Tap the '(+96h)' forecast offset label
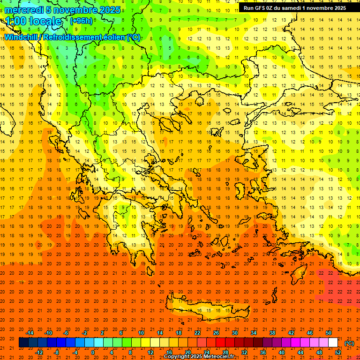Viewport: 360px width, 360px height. point(81,21)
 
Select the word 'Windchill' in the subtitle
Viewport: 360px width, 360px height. point(20,37)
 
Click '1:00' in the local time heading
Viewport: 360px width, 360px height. point(16,21)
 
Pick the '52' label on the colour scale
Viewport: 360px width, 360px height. point(338,352)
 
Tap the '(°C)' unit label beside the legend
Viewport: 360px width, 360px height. point(349,343)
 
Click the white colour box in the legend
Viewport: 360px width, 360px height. point(333,343)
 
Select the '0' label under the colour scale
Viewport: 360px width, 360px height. point(93,352)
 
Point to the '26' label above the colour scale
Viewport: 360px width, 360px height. point(216,333)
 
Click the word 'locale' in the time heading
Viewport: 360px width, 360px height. point(46,21)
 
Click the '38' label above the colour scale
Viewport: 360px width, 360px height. point(272,333)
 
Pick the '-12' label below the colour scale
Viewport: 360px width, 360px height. point(39,352)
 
